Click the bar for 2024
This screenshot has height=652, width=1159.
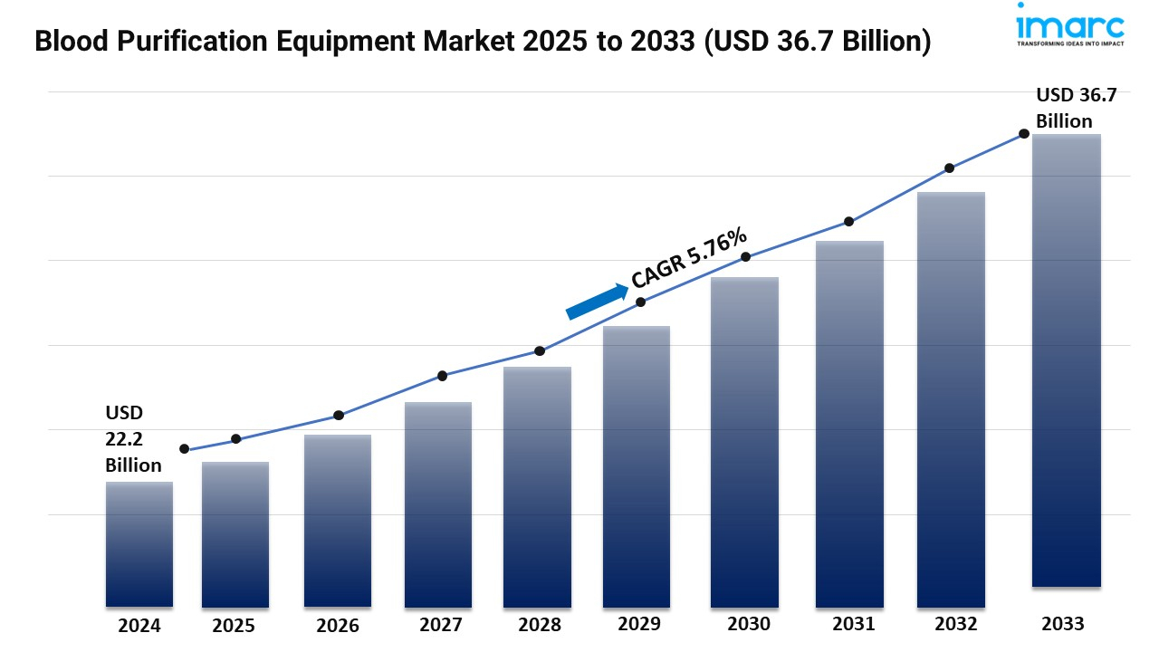pyautogui.click(x=139, y=543)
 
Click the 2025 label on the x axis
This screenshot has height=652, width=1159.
pyautogui.click(x=235, y=626)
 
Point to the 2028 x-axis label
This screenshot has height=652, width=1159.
pyautogui.click(x=540, y=625)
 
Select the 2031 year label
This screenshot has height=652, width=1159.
pyautogui.click(x=853, y=624)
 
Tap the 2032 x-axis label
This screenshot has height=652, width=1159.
pyautogui.click(x=955, y=624)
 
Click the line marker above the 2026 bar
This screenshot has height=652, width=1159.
pyautogui.click(x=339, y=416)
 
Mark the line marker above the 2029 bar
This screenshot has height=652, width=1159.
pyautogui.click(x=640, y=302)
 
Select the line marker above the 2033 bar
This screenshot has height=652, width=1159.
pyautogui.click(x=1024, y=133)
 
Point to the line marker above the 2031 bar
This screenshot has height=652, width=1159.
pyautogui.click(x=849, y=222)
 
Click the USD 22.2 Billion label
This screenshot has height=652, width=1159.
pyautogui.click(x=133, y=439)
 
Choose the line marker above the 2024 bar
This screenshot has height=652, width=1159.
pyautogui.click(x=185, y=449)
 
